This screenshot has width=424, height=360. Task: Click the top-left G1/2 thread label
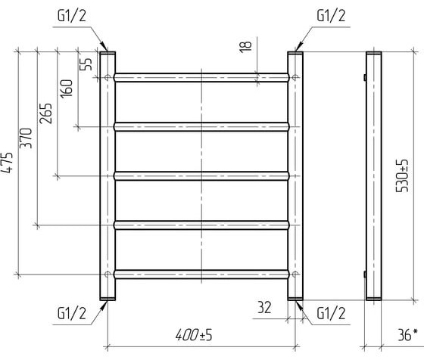point(72,16)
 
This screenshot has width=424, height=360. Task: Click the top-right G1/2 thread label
point(331,16)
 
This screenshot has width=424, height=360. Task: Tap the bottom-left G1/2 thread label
point(72,314)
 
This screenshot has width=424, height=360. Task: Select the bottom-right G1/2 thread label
point(331,314)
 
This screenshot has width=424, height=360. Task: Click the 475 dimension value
point(7,163)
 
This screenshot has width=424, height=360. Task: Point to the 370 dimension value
point(26,138)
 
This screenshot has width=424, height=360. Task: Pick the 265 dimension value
point(45,113)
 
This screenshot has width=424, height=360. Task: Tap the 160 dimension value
point(67,88)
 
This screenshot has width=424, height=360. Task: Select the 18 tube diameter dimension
point(245,47)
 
